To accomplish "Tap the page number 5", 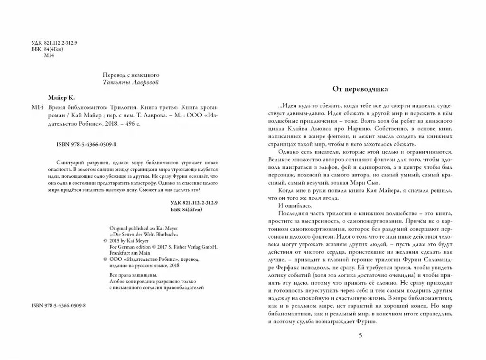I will pyautogui.click(x=360, y=336).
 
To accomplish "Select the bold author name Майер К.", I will pyautogui.click(x=62, y=97).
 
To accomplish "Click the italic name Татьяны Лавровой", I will pyautogui.click(x=131, y=83).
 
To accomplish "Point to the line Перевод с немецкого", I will pyautogui.click(x=131, y=75).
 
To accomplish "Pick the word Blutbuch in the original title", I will pyautogui.click(x=168, y=234).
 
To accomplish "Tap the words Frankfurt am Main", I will pyautogui.click(x=129, y=253).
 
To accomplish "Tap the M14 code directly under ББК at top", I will pyautogui.click(x=49, y=55).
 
